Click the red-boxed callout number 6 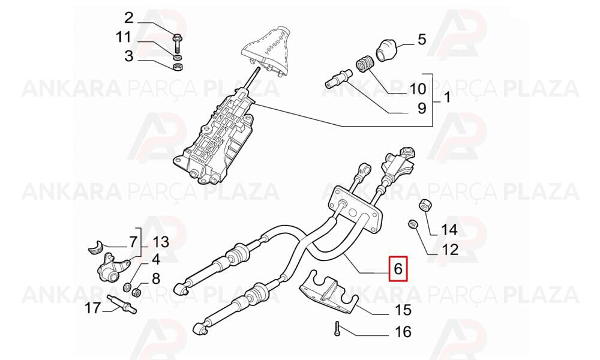(398, 269)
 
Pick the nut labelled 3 (178, 68)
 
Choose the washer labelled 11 (178, 58)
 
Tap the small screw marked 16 (337, 328)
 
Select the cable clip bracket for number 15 (328, 292)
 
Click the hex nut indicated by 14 (426, 205)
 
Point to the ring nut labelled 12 (413, 224)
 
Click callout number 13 (161, 242)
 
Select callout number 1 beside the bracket (446, 98)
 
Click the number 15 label (403, 310)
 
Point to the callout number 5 (421, 40)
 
